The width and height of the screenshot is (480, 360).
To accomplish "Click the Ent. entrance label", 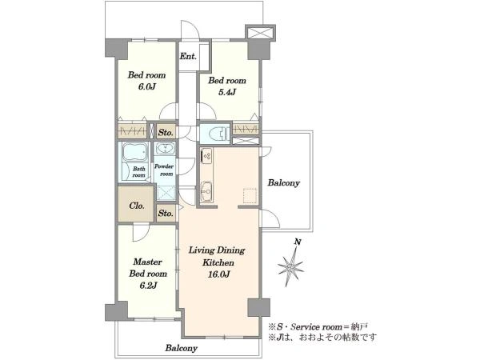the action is pos(188,56).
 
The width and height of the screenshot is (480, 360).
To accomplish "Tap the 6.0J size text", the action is pos(147,86).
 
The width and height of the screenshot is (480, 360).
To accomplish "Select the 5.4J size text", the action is pos(227,92).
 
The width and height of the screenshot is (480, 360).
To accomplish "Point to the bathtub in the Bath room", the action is pos(134,152).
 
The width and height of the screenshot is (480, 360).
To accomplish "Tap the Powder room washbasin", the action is pos(166,149).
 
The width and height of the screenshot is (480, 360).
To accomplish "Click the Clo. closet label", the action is pos(137,206).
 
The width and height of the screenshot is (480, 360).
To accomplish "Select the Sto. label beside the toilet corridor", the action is pos(166,133).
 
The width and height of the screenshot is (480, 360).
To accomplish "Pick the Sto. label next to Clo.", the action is pos(166,213).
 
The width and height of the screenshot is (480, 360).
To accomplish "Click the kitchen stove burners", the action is pos(206,156).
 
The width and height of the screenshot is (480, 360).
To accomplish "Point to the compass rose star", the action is pos(290,266).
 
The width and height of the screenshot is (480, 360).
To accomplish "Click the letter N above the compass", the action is pos(298,242).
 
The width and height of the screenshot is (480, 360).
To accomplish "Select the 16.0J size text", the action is pos(219,274).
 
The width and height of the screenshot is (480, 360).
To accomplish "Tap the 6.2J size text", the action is pos(148,286).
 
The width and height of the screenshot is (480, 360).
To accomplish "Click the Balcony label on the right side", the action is pos(284,183).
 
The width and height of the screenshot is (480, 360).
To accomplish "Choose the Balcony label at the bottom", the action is pos(182,348).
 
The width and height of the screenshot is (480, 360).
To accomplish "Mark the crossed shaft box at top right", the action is pos(260,33).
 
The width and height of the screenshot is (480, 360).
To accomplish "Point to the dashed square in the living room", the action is pos(250,196).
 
